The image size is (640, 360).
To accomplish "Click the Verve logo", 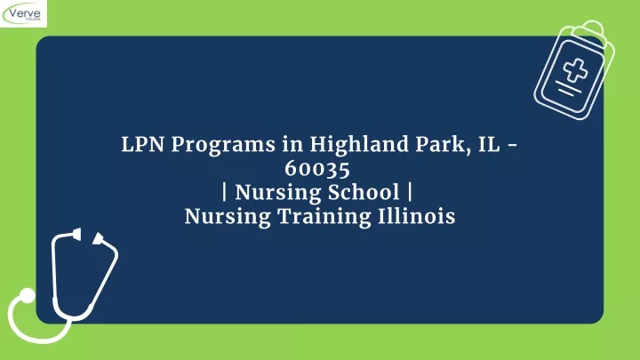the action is click(23, 13).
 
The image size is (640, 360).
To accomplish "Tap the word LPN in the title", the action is click(142, 145).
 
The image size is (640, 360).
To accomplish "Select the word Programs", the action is click(223, 146).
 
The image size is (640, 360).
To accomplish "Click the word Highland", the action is click(359, 145).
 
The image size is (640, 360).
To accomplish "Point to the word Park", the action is click(441, 145).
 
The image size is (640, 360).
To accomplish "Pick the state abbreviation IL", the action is click(489, 145).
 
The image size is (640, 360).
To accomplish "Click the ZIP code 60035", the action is click(317, 169).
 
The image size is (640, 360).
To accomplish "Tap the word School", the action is click(364, 193).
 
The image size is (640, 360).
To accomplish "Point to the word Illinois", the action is click(416, 216).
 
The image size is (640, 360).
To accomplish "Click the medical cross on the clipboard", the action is click(575, 70).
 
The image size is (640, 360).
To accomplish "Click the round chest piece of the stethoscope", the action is click(28, 296).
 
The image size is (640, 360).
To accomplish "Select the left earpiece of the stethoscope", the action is click(76, 234).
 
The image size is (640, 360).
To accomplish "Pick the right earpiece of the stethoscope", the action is click(99, 239).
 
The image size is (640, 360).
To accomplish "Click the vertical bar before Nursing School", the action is click(225, 193).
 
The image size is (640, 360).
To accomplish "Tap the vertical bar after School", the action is click(410, 193).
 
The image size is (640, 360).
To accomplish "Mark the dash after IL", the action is click(512, 146).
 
